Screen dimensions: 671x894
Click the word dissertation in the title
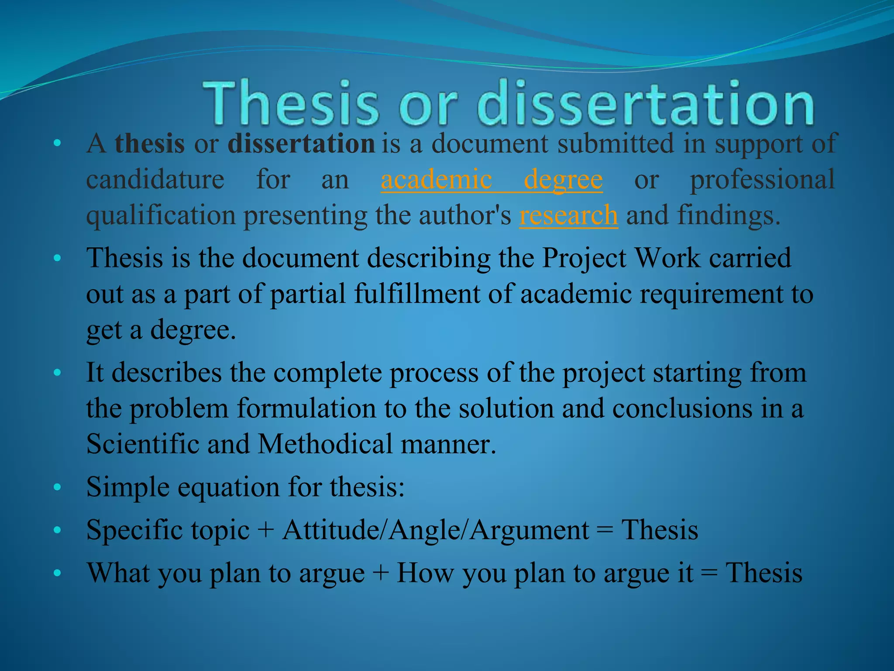(x=645, y=103)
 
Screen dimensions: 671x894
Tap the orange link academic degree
(x=492, y=180)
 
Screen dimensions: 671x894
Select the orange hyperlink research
(x=568, y=215)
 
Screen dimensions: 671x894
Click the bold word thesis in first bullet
(x=150, y=143)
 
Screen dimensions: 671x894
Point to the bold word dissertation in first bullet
(x=301, y=143)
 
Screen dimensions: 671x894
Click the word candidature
(x=155, y=180)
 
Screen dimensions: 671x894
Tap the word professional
(x=762, y=180)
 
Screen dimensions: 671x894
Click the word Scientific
(x=142, y=444)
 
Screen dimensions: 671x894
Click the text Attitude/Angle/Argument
(x=435, y=530)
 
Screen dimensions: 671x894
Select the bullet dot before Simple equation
(x=57, y=487)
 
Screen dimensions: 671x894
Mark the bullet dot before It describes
(x=57, y=373)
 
